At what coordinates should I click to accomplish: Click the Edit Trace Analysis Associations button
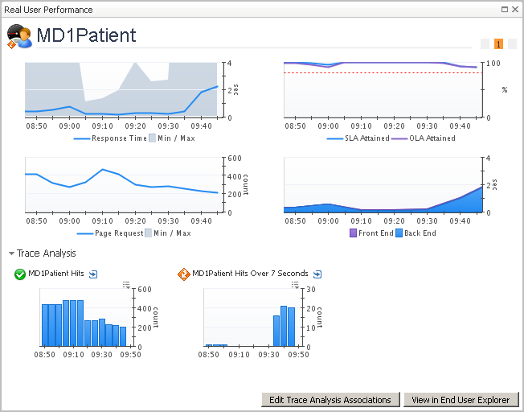[x=330, y=400]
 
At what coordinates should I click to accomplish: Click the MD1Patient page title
[x=86, y=36]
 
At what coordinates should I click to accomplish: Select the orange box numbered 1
[x=499, y=44]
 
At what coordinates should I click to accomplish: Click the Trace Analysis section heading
[x=47, y=253]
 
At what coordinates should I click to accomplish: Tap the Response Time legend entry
[x=119, y=138]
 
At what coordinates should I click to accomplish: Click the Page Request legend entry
[x=119, y=233]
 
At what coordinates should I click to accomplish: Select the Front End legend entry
[x=375, y=233]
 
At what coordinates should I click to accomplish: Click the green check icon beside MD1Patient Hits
[x=20, y=274]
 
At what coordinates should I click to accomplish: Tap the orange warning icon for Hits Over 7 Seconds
[x=183, y=274]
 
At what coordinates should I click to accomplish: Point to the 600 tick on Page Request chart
[x=236, y=159]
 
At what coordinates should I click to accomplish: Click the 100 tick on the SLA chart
[x=493, y=64]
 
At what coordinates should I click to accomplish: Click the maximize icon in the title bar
[x=504, y=10]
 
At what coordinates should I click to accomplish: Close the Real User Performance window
[x=514, y=10]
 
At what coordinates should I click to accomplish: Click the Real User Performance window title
[x=49, y=10]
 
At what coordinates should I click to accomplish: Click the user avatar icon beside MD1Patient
[x=19, y=37]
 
